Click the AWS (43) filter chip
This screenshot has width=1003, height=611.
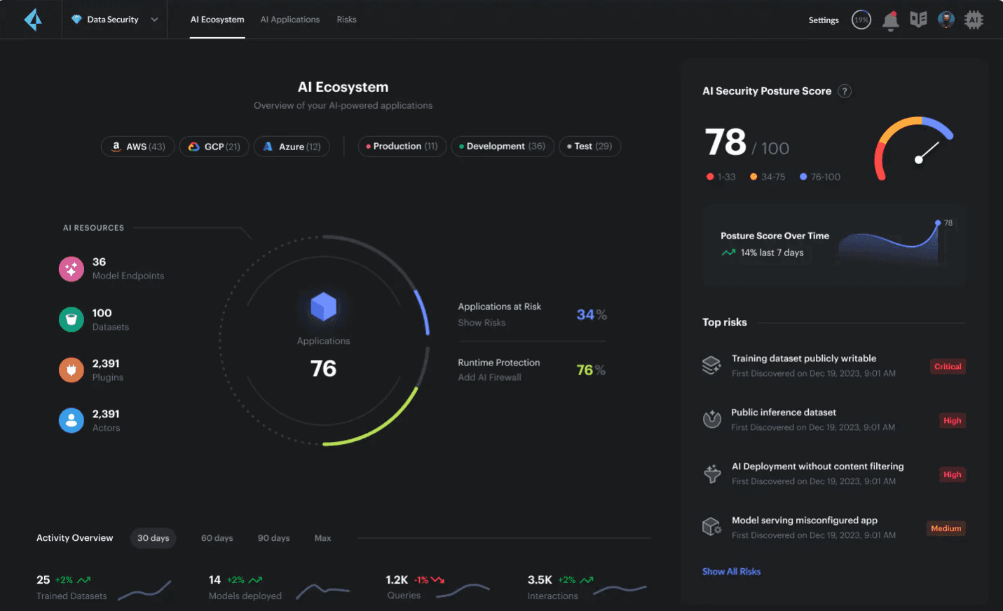[x=137, y=147]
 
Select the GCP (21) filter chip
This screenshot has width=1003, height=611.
[x=214, y=147]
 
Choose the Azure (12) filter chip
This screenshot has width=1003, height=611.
[x=292, y=147]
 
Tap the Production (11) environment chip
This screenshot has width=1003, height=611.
[x=402, y=147]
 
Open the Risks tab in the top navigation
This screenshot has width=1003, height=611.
[x=346, y=20]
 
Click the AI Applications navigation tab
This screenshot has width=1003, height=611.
[x=289, y=20]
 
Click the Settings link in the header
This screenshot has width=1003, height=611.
[x=824, y=20]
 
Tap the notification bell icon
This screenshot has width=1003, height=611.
[x=890, y=20]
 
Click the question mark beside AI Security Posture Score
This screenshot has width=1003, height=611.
[x=845, y=91]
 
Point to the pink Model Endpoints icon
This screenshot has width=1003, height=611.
[x=71, y=269]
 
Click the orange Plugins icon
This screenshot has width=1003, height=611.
[x=71, y=370]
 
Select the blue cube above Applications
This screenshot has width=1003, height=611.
[x=323, y=307]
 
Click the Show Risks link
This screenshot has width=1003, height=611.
[x=482, y=323]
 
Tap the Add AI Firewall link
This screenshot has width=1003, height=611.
[x=489, y=377]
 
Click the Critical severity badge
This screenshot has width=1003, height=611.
[x=948, y=366]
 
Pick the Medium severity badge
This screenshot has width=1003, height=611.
[x=946, y=528]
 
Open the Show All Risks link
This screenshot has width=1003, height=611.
[x=731, y=572]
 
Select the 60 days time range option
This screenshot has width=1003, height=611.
[x=217, y=538]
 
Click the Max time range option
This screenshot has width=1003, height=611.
[x=322, y=538]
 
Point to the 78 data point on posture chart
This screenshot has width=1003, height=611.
[x=938, y=223]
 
